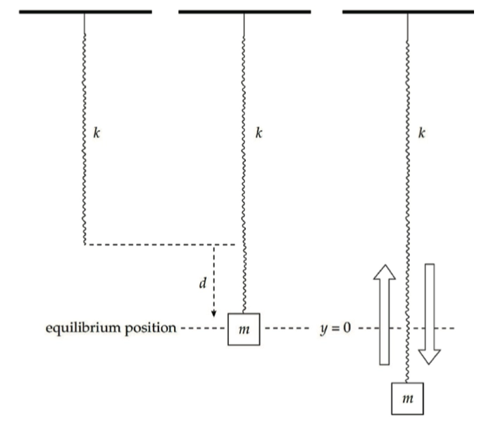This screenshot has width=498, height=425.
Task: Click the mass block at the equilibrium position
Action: tap(244, 329)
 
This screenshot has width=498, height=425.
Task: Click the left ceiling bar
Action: tap(85, 12)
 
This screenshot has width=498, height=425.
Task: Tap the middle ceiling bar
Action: tap(244, 12)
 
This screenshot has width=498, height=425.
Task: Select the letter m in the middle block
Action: tap(244, 329)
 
